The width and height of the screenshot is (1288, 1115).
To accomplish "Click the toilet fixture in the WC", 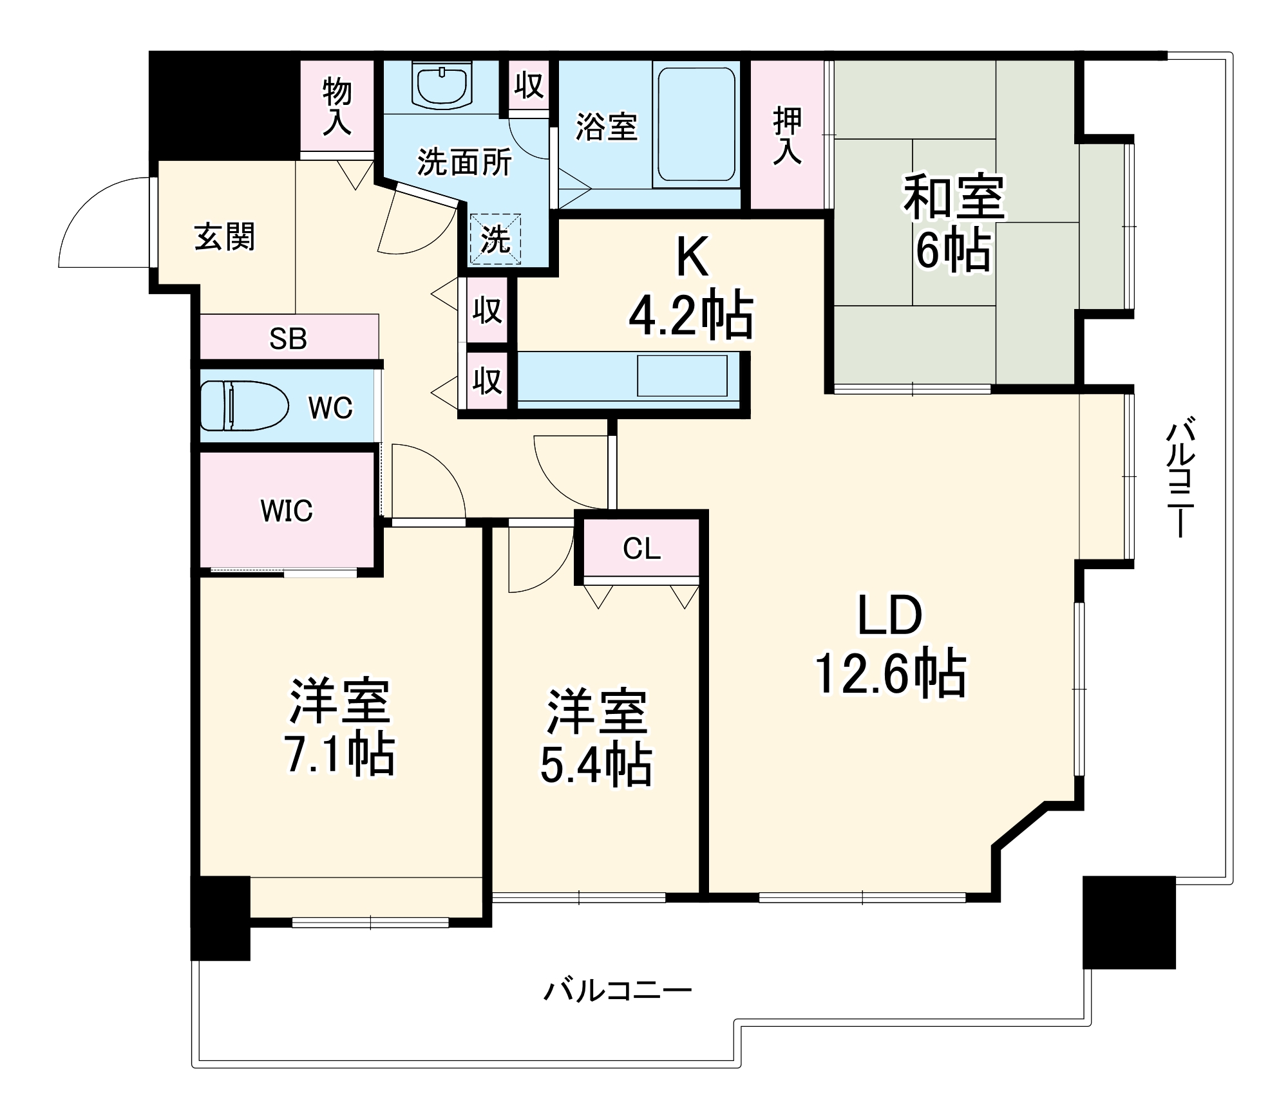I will click(243, 406).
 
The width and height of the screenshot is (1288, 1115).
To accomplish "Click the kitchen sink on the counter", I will click(682, 375).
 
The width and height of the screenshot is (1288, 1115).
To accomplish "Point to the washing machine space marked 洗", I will click(495, 239).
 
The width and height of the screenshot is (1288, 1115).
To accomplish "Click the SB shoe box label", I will click(288, 338).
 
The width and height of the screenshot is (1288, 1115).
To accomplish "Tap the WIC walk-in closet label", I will click(287, 511).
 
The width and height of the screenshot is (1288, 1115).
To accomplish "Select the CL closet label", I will click(641, 548).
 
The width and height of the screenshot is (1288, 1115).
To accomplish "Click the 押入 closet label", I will click(788, 136).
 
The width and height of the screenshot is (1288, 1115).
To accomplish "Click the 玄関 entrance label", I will click(225, 237).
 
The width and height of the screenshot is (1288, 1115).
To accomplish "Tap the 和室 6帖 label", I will click(953, 222).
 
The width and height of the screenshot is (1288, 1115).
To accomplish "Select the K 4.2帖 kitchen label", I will click(691, 286).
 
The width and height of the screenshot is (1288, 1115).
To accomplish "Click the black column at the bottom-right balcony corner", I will click(1129, 922).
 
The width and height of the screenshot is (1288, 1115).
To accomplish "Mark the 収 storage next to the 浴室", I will click(529, 85).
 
